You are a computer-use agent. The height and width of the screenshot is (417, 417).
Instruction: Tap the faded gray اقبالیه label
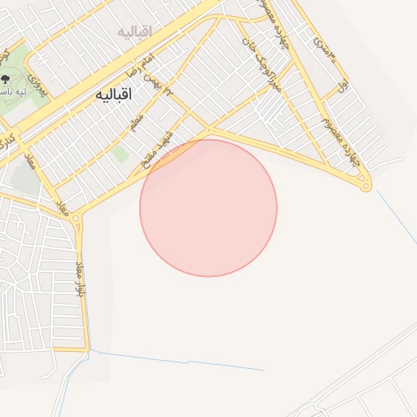(x=135, y=32)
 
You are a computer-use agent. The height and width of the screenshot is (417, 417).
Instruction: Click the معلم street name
(x=136, y=123)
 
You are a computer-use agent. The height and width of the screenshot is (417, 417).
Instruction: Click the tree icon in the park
(x=7, y=79)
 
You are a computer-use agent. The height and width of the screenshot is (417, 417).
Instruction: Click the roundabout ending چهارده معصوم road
(x=367, y=187)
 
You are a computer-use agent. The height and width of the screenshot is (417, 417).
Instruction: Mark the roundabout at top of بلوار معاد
(x=77, y=219)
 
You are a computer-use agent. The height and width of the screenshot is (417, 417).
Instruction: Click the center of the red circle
(x=208, y=208)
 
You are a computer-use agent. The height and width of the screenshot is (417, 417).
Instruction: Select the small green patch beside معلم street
(x=121, y=154)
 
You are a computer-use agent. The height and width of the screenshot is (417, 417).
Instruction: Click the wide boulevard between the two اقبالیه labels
(x=122, y=65)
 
